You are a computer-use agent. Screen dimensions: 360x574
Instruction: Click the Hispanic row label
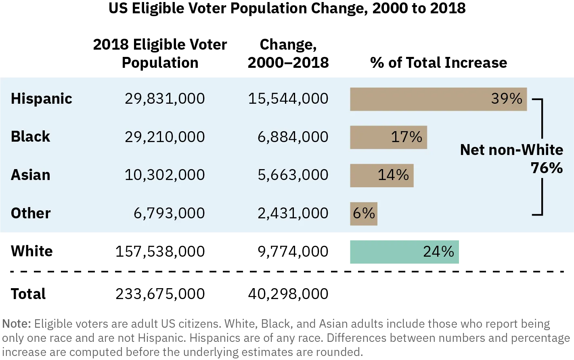[x=42, y=99]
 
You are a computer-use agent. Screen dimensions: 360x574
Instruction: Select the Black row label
[x=31, y=137]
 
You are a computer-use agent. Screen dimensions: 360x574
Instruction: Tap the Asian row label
[x=31, y=175]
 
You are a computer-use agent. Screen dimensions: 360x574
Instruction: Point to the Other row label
[x=31, y=213]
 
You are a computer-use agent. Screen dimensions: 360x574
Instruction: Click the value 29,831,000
[x=165, y=99]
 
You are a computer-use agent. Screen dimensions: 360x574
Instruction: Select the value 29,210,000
[x=165, y=137]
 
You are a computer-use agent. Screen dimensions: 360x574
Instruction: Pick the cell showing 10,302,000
[x=165, y=175]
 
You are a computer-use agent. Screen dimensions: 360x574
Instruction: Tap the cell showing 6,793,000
[x=169, y=213]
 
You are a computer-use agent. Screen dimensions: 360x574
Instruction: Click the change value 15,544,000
[x=288, y=99]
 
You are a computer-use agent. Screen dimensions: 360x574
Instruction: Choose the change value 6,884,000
[x=293, y=137]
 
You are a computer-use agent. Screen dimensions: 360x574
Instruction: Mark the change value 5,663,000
[x=293, y=175]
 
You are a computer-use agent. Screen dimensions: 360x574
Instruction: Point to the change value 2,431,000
[x=293, y=213]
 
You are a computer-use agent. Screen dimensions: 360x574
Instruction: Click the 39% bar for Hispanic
[x=438, y=99]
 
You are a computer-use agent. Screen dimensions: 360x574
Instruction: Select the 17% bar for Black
[x=388, y=137]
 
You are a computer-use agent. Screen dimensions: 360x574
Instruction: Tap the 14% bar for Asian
[x=381, y=176]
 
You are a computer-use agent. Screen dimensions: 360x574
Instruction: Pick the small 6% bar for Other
[x=363, y=213]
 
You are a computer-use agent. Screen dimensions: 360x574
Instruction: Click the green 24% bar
[x=404, y=252]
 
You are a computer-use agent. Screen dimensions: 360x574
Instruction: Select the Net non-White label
[x=511, y=150]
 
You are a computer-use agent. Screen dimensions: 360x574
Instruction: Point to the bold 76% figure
[x=547, y=168]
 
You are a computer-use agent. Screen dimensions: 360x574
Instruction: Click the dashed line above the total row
[x=287, y=271]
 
